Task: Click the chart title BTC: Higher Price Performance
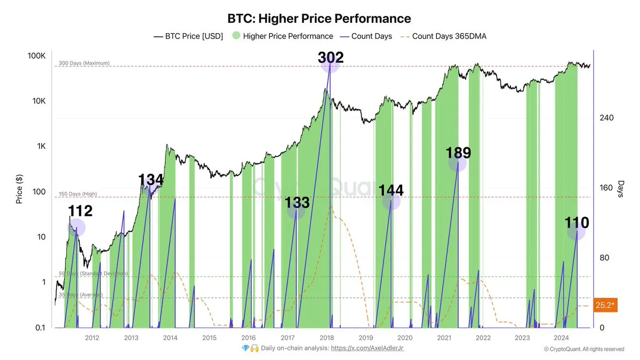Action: pyautogui.click(x=319, y=19)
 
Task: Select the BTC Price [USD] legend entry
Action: pyautogui.click(x=188, y=36)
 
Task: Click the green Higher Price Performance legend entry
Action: pyautogui.click(x=283, y=36)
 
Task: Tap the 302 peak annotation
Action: pyautogui.click(x=330, y=58)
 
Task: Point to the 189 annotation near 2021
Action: pyautogui.click(x=458, y=153)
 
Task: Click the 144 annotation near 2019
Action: pyautogui.click(x=391, y=190)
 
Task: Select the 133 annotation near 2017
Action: pyautogui.click(x=297, y=202)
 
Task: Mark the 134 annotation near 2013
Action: pyautogui.click(x=151, y=180)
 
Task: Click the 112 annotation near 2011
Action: pyautogui.click(x=80, y=211)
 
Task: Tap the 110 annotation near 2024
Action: pyautogui.click(x=577, y=222)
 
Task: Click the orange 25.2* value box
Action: pyautogui.click(x=606, y=305)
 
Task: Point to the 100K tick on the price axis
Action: pyautogui.click(x=37, y=56)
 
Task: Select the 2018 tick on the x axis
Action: pyautogui.click(x=326, y=338)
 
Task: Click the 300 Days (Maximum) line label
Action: pyautogui.click(x=84, y=63)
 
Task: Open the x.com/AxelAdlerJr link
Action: pyautogui.click(x=371, y=348)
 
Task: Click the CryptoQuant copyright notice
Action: pyautogui.click(x=583, y=349)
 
